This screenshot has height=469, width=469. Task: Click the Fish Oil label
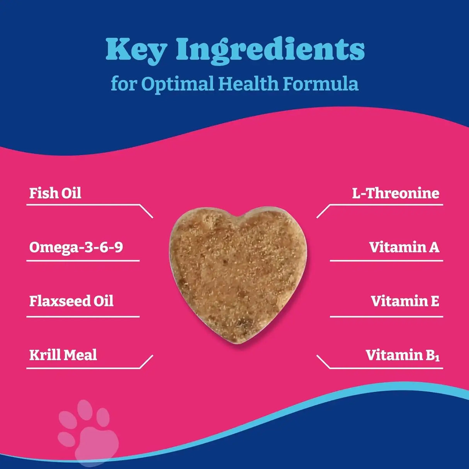55,193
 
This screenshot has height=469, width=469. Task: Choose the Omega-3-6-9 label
76,247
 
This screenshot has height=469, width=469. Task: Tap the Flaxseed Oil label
71,301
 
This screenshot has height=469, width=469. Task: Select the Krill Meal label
63,355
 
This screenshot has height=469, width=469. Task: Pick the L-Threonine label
396,193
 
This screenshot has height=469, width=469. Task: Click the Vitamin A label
404,247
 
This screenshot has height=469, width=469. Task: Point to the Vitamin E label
405,301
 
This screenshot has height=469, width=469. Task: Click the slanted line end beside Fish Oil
146,211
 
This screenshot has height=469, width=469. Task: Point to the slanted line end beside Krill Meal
146,362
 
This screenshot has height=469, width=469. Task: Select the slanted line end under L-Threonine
323,211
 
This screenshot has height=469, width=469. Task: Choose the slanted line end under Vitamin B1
323,362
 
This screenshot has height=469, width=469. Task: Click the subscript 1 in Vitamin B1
437,358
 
